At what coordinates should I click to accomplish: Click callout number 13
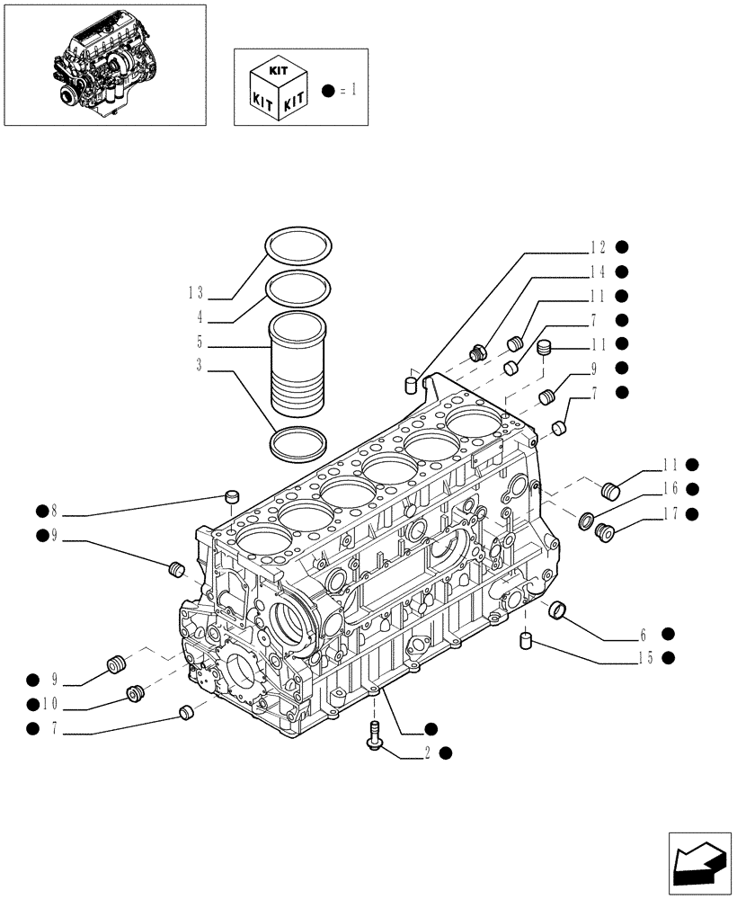point(196,293)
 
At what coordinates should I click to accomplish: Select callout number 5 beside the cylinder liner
point(200,343)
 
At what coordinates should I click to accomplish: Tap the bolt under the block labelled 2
point(374,734)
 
